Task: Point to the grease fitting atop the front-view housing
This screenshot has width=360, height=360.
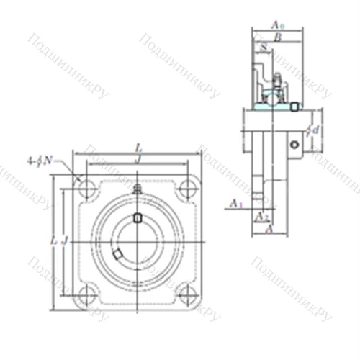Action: [x=137, y=189]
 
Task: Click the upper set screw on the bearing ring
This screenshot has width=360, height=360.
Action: [x=137, y=218]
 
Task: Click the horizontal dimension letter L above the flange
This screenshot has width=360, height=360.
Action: [x=138, y=147]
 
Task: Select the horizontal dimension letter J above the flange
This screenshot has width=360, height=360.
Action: [x=138, y=158]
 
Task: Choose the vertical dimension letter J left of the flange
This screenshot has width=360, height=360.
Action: [x=64, y=240]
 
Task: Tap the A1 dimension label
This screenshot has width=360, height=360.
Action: [x=234, y=204]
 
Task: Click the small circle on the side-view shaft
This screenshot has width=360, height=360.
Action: [x=294, y=145]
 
